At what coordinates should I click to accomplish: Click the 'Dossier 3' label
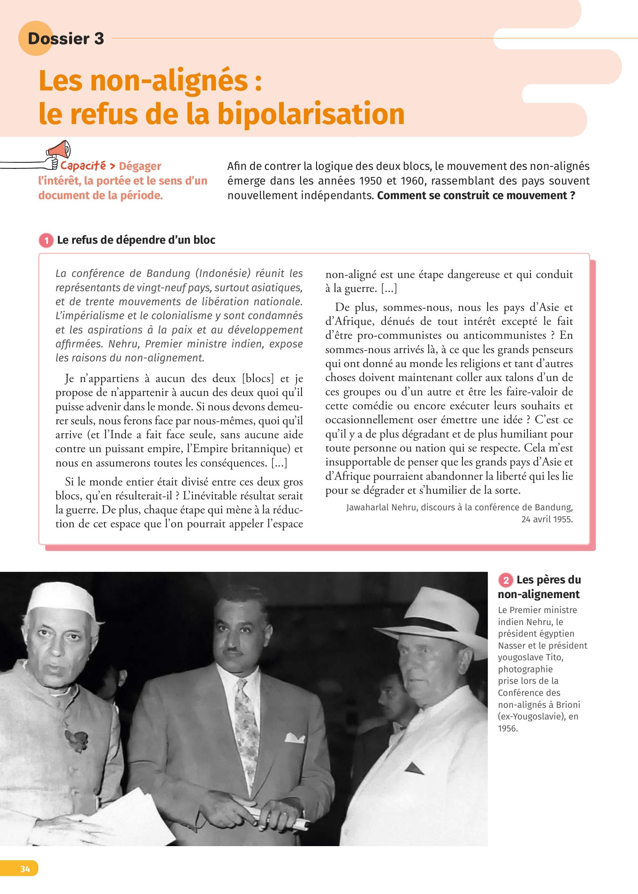coord(65,39)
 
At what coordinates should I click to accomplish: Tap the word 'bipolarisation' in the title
coord(311,114)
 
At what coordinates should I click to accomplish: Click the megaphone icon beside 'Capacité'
coord(59,150)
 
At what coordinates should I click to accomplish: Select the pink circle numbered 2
coord(506,580)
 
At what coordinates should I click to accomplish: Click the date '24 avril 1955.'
coord(547,519)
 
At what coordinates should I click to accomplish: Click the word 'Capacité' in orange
coord(83,166)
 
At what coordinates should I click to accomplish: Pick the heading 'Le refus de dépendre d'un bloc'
coord(136,240)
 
